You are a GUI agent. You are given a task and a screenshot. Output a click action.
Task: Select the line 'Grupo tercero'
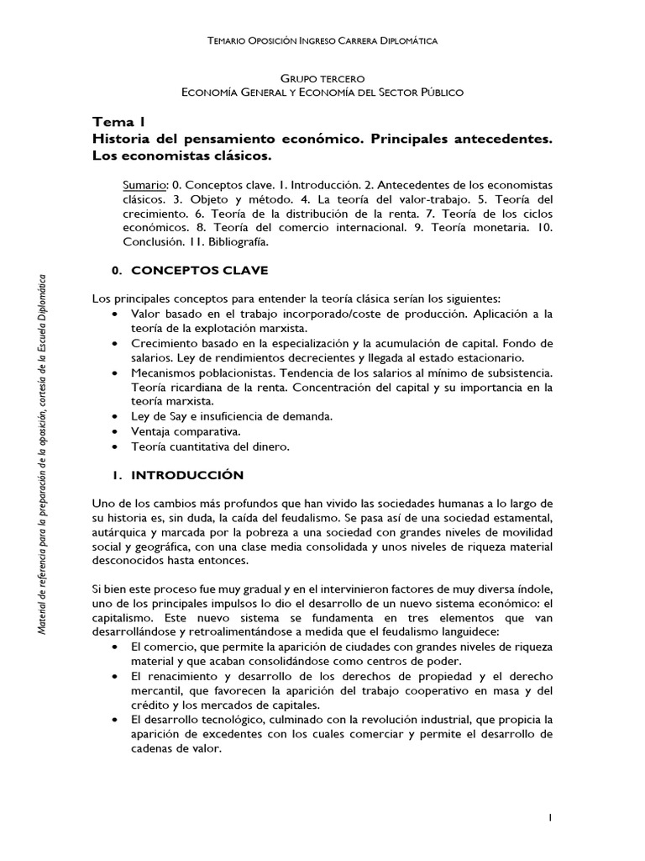coord(322,78)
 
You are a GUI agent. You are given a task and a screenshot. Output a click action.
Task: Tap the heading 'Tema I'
coord(117,122)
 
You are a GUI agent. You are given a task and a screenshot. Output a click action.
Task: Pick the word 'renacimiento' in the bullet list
coord(176,674)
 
